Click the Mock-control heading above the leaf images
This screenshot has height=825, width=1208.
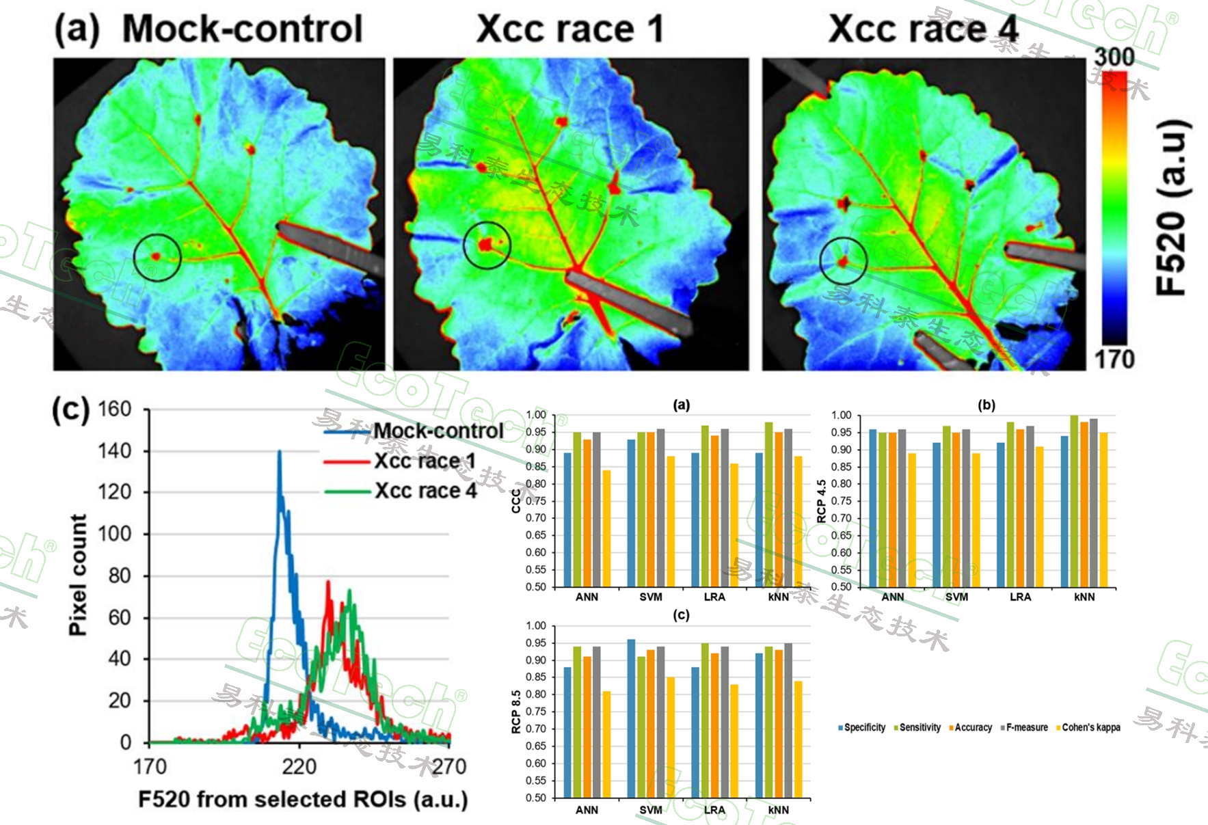242,29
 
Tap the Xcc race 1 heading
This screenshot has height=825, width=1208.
569,29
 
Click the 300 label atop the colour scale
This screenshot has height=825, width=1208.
1114,57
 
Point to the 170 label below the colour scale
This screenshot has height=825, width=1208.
1114,359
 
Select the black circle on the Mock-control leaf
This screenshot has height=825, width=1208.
157,257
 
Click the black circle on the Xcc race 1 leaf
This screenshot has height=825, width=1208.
487,245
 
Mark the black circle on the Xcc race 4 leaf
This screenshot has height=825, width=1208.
844,260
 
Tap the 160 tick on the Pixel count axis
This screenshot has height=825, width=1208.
114,409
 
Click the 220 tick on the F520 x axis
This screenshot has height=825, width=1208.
299,766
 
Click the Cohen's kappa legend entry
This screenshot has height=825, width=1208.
1090,727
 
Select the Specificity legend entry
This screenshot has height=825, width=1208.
863,727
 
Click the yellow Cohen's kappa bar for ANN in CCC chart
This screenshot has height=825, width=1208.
606,528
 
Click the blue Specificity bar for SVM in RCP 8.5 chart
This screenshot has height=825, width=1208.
631,718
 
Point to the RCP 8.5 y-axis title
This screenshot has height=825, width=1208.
516,712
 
